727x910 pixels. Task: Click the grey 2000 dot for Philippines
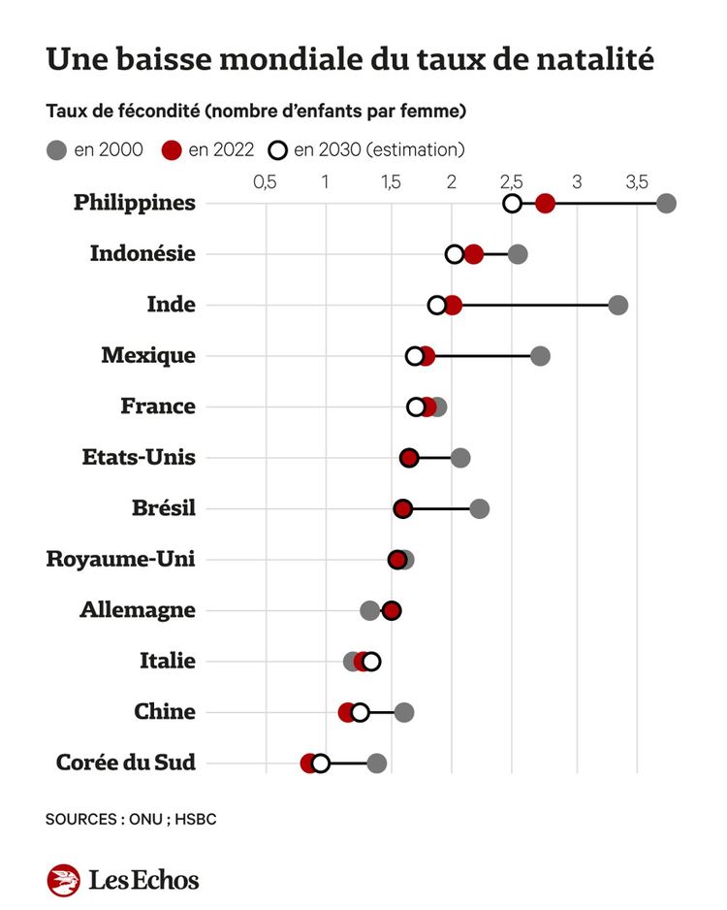[666, 203]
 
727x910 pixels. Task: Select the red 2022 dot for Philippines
[546, 203]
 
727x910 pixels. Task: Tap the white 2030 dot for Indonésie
[455, 254]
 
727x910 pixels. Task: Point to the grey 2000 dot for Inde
[617, 305]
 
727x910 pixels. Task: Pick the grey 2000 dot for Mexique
[541, 356]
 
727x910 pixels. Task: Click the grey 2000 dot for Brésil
[480, 508]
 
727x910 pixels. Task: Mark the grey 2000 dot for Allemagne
[369, 610]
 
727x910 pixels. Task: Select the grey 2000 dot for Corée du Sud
[377, 763]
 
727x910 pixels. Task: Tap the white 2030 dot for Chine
[361, 712]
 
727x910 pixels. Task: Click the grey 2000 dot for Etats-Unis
[460, 458]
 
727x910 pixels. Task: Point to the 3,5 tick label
[636, 181]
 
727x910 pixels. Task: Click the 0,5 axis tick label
[265, 181]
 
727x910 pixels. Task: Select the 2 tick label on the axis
[452, 181]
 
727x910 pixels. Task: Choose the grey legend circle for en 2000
[56, 149]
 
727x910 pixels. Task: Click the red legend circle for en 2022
[173, 149]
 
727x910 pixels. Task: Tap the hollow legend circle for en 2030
[278, 149]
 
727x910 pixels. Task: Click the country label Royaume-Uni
[121, 560]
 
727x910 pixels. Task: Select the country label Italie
[168, 661]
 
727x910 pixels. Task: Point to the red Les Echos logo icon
[63, 880]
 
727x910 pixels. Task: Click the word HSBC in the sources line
[196, 820]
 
